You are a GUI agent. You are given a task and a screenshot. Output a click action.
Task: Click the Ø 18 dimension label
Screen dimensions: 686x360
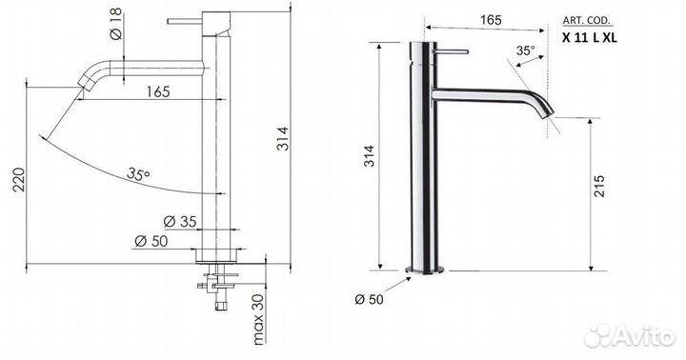coord(116,24)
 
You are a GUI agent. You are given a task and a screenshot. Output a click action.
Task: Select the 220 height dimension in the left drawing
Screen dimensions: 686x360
coord(19,179)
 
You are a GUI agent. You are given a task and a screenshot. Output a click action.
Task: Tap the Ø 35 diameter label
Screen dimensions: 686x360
coord(180,221)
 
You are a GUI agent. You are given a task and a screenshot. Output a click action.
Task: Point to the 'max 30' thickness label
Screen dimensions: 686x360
coord(258,319)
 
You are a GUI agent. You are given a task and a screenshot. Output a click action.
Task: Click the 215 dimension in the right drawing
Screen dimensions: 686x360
coord(599,186)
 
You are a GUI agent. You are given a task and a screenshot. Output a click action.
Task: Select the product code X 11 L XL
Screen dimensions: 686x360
coord(590,37)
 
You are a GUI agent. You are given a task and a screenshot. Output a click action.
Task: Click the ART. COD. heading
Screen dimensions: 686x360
coord(587,21)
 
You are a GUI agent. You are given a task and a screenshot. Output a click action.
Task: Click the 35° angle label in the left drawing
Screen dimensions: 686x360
coord(139,173)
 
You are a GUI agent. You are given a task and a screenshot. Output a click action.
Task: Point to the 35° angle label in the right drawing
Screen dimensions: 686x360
coord(525,50)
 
